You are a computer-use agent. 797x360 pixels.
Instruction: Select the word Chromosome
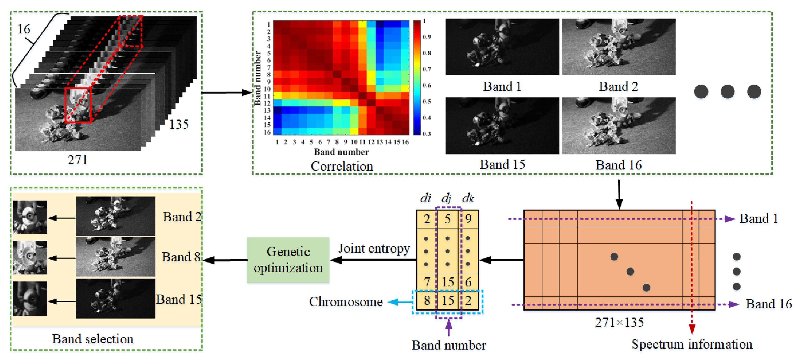pos(346,302)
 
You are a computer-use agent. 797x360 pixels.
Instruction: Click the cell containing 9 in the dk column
pos(468,219)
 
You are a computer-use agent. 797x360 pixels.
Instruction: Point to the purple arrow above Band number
pos(448,327)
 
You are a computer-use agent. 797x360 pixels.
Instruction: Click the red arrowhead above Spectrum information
pos(692,329)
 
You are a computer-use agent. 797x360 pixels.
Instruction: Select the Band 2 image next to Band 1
pos(618,47)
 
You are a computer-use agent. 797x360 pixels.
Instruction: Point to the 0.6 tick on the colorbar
pos(427,85)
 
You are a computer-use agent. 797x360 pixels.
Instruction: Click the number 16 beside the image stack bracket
pos(24,29)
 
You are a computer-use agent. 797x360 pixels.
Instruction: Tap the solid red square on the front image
pos(78,105)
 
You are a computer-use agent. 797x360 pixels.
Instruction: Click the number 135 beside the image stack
pos(179,124)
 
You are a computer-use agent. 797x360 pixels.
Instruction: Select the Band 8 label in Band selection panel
pos(181,257)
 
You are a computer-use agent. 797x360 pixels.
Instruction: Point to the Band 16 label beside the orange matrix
pos(768,304)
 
